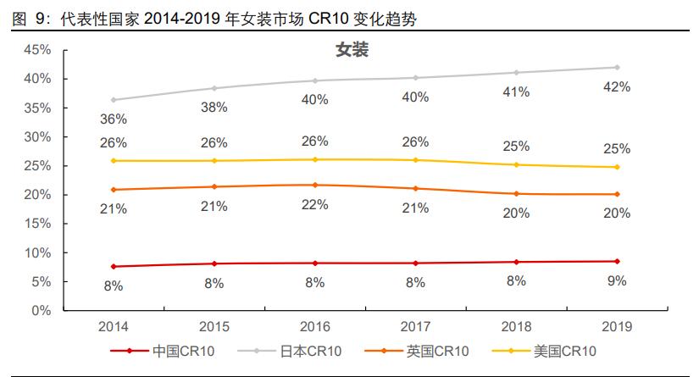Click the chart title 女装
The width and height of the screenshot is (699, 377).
(352, 50)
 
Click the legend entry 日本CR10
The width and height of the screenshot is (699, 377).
(311, 351)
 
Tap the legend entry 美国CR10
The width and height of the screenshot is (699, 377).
(565, 351)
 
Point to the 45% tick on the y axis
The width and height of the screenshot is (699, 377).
(37, 50)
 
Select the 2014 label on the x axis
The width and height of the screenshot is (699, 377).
(113, 327)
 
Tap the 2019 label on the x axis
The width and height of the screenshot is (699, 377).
(616, 327)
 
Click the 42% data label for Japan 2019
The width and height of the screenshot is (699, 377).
(617, 87)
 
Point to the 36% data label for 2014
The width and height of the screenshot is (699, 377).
(114, 119)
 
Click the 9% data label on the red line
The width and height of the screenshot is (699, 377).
(617, 280)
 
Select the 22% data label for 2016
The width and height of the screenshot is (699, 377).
(315, 206)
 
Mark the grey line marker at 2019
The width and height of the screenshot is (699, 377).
(617, 67)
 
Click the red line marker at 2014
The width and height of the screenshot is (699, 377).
(114, 267)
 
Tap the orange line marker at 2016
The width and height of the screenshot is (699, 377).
(315, 185)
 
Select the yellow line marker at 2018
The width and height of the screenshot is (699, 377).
(516, 165)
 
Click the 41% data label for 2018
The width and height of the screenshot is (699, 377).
(516, 91)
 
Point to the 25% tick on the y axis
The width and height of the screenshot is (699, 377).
(37, 166)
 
